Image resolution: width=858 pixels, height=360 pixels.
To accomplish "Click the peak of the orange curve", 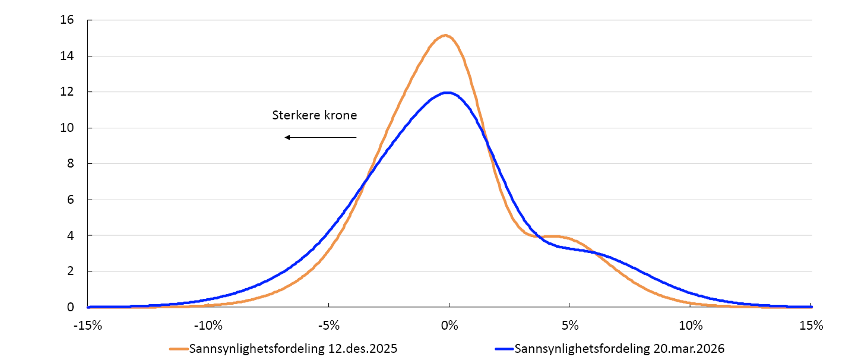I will pyautogui.click(x=445, y=36).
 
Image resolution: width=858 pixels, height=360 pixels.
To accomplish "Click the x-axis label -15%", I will pyautogui.click(x=87, y=326).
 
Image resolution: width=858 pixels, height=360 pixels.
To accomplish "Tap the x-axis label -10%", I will pyautogui.click(x=209, y=326).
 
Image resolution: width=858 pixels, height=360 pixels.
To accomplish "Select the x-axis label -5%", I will pyautogui.click(x=329, y=326).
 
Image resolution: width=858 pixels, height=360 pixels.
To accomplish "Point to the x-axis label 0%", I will pyautogui.click(x=449, y=326).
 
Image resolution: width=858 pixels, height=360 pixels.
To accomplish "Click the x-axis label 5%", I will pyautogui.click(x=569, y=326).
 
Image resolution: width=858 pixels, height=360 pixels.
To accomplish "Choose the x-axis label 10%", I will pyautogui.click(x=691, y=326).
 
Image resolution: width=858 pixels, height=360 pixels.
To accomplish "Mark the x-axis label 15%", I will pyautogui.click(x=811, y=326).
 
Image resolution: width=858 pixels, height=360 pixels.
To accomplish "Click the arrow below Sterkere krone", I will pyautogui.click(x=320, y=138).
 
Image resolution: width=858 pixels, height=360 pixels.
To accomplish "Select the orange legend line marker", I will pyautogui.click(x=178, y=349).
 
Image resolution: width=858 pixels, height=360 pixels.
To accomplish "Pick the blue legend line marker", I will pyautogui.click(x=504, y=349).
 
